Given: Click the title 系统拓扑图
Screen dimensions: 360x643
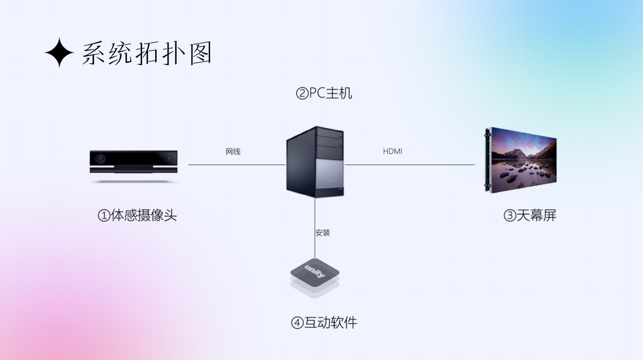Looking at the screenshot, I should pyautogui.click(x=146, y=53).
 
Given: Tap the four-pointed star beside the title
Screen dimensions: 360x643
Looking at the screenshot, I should pyautogui.click(x=59, y=53).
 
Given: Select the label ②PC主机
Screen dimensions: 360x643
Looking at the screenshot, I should pyautogui.click(x=324, y=94).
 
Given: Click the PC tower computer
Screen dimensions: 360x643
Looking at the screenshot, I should pyautogui.click(x=315, y=162).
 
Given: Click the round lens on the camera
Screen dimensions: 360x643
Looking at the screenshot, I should pyautogui.click(x=100, y=159).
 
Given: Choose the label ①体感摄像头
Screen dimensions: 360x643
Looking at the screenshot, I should pyautogui.click(x=138, y=215).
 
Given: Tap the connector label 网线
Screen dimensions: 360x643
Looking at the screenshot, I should pyautogui.click(x=233, y=151).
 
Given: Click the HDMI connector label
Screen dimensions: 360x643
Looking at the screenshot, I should pyautogui.click(x=392, y=151).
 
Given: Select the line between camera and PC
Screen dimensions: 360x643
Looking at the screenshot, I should pyautogui.click(x=237, y=165).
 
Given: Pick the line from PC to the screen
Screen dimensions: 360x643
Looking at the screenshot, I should pyautogui.click(x=410, y=165).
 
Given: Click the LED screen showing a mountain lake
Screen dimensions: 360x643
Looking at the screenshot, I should pyautogui.click(x=523, y=159).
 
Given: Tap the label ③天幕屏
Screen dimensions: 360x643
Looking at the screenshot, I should pyautogui.click(x=530, y=215).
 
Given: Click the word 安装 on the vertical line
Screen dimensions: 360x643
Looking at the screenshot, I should pyautogui.click(x=323, y=233).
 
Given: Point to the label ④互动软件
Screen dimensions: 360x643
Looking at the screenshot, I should pyautogui.click(x=324, y=323).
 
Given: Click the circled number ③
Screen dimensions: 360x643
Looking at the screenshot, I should pyautogui.click(x=509, y=216).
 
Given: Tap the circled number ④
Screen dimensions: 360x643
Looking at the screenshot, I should pyautogui.click(x=297, y=323).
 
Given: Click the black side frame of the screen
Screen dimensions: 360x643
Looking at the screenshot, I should pyautogui.click(x=488, y=160).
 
